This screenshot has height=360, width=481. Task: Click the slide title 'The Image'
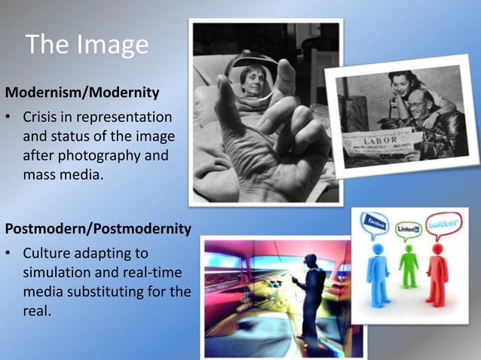87,45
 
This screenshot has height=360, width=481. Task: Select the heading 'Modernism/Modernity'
82,93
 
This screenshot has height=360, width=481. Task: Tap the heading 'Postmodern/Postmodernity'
98,227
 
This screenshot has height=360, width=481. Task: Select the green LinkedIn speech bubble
409,227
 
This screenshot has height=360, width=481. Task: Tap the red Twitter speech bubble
443,224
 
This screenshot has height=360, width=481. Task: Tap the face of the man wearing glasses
418,102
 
